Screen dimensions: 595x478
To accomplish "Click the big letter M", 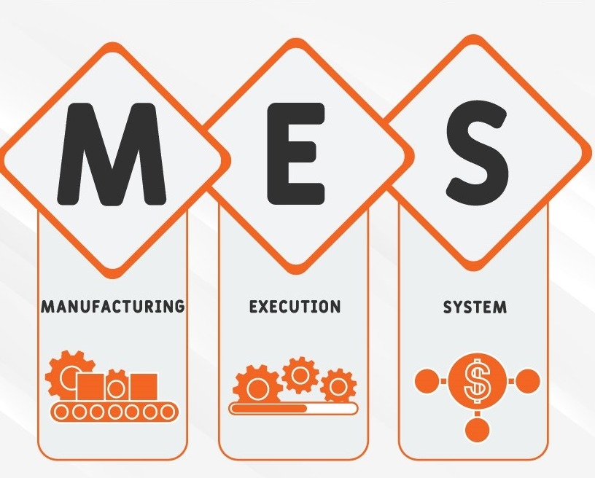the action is click(112, 154).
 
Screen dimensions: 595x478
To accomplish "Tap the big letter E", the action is click(296, 154).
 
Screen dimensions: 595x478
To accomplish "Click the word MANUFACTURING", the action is click(113, 306).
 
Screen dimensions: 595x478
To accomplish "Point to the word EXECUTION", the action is click(295, 306).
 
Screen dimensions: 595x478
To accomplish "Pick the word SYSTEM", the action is click(475, 307).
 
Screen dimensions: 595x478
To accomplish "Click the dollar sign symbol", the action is click(477, 380).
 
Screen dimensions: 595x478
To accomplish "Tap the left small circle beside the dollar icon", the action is click(427, 381).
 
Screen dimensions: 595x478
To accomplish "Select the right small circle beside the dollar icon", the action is click(527, 381).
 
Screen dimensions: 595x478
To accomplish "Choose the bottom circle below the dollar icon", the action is click(477, 430).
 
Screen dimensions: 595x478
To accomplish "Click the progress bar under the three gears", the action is click(293, 408).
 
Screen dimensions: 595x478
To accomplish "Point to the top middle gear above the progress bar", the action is click(300, 375).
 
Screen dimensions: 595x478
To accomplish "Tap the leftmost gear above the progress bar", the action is click(257, 386).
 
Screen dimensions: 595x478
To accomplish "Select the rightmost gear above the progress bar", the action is click(338, 387).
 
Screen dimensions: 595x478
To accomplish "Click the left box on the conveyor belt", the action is click(90, 387).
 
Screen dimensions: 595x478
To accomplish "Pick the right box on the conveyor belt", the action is click(144, 387).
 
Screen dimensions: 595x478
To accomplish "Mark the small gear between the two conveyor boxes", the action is click(117, 387).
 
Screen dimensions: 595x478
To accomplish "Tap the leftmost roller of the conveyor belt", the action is click(61, 412).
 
